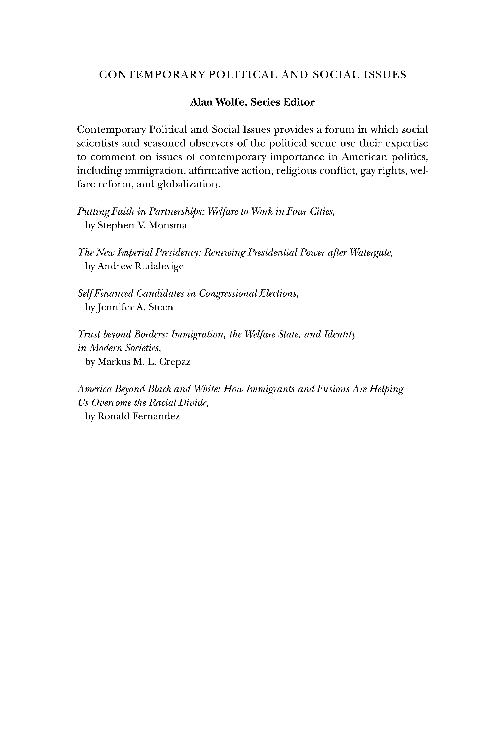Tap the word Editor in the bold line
[x=299, y=102]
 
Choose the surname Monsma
[x=168, y=225]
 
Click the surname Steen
[x=161, y=307]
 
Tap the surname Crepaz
[x=175, y=362]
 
